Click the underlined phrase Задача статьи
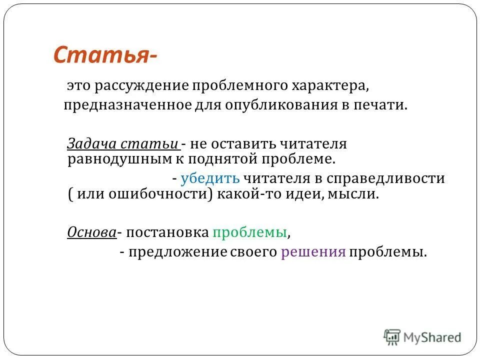123,144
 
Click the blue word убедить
210,178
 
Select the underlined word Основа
91,232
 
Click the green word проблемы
249,232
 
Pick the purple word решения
313,252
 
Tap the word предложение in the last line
177,252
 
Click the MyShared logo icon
392,337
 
